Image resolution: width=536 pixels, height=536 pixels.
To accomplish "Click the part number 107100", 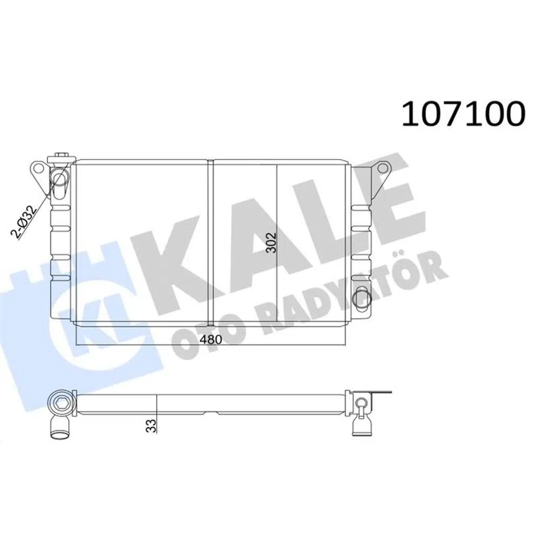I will (462, 114).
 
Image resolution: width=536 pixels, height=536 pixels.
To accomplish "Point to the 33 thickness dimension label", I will (151, 423).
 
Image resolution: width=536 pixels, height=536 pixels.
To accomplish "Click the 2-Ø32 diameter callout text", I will (25, 222).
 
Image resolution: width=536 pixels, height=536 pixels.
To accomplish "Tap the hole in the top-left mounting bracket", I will (38, 169).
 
